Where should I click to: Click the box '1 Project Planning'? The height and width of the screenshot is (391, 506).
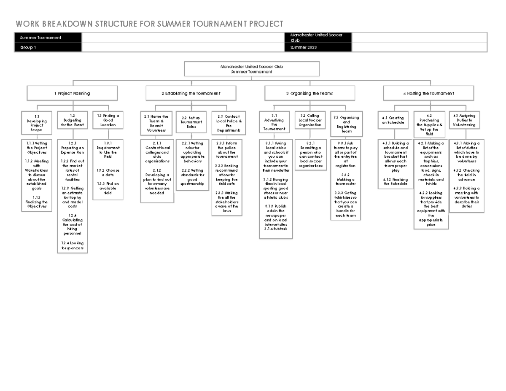click(x=72, y=93)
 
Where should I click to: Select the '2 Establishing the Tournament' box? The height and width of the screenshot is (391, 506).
click(x=191, y=93)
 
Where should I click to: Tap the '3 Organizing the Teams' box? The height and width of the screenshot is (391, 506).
click(x=310, y=93)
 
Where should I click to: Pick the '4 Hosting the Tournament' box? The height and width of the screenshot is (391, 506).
click(x=428, y=93)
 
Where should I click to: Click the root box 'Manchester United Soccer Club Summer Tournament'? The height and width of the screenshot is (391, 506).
click(x=252, y=69)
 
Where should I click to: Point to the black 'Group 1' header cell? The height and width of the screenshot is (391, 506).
click(x=48, y=48)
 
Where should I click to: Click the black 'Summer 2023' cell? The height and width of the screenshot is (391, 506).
click(x=318, y=48)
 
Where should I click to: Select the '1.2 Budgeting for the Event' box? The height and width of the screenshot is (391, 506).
click(x=72, y=120)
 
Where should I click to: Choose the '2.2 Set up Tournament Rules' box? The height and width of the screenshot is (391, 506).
click(x=191, y=122)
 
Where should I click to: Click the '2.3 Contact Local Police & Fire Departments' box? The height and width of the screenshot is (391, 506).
click(x=227, y=123)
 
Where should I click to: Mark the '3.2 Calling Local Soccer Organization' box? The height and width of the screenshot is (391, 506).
click(x=310, y=120)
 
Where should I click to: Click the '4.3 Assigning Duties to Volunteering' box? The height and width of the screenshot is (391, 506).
click(x=464, y=120)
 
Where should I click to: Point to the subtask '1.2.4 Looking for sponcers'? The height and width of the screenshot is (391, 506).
click(x=72, y=245)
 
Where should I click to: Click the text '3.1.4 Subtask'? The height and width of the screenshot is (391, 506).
click(x=276, y=229)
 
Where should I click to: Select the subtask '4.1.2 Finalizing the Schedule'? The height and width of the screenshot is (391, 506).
click(x=396, y=181)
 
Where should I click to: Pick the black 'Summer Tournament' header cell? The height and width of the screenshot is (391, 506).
click(x=48, y=38)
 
